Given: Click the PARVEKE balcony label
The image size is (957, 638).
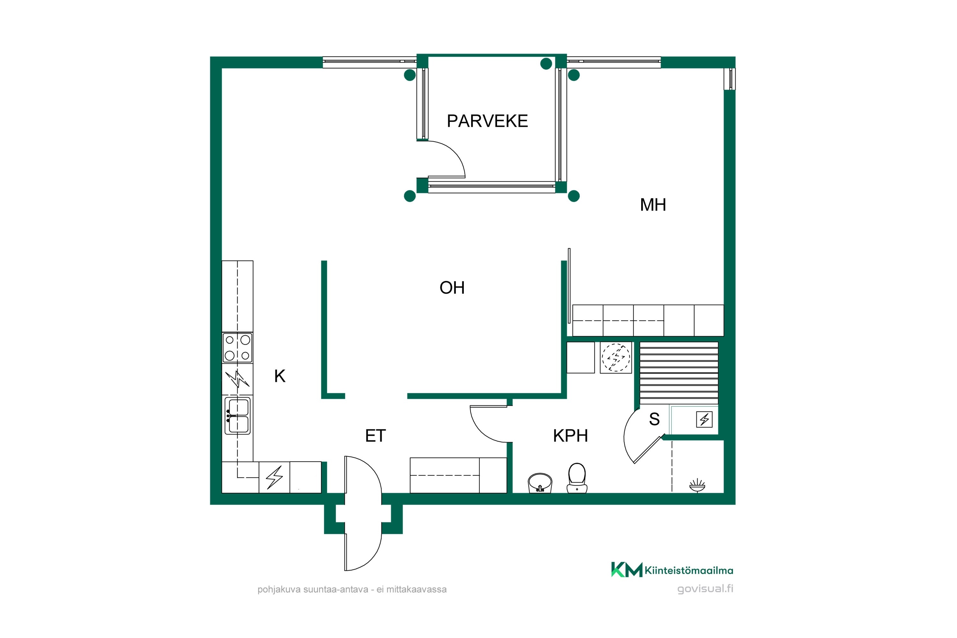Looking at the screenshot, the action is [487, 121].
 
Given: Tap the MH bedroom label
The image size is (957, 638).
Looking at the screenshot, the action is [653, 205].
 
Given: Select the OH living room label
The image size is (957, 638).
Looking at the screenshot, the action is [452, 288].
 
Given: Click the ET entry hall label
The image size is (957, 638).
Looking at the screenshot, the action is [375, 436].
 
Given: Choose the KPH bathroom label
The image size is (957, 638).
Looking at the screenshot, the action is [570, 436].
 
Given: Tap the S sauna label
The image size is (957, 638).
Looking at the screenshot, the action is [654, 419].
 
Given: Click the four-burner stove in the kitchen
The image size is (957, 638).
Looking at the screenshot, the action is [237, 347].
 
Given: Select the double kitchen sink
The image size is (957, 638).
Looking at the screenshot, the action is [238, 416].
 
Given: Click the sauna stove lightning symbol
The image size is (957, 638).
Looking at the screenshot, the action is [704, 419].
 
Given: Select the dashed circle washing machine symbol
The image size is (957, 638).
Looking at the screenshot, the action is [616, 358].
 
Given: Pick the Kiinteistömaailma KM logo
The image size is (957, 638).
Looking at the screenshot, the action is [672, 570].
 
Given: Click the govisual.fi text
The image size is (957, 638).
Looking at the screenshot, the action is [705, 589].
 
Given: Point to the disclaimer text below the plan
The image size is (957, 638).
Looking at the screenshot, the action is [352, 589].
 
